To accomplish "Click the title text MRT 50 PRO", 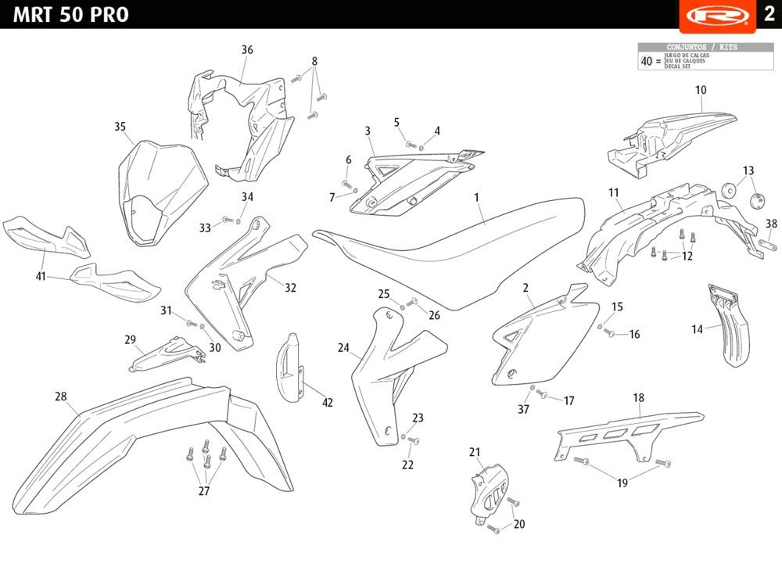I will point(70,14).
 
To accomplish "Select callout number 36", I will point(247,50).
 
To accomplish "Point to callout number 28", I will point(61,396).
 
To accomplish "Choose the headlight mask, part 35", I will point(160,188).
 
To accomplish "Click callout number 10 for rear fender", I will point(701,90).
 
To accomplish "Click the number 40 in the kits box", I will point(647,61).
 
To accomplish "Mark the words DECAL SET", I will point(677,67).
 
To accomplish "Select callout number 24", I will point(343,347).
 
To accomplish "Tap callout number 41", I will point(40,276).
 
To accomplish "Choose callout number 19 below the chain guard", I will point(622,483).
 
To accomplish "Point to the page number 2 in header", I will point(769,14).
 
